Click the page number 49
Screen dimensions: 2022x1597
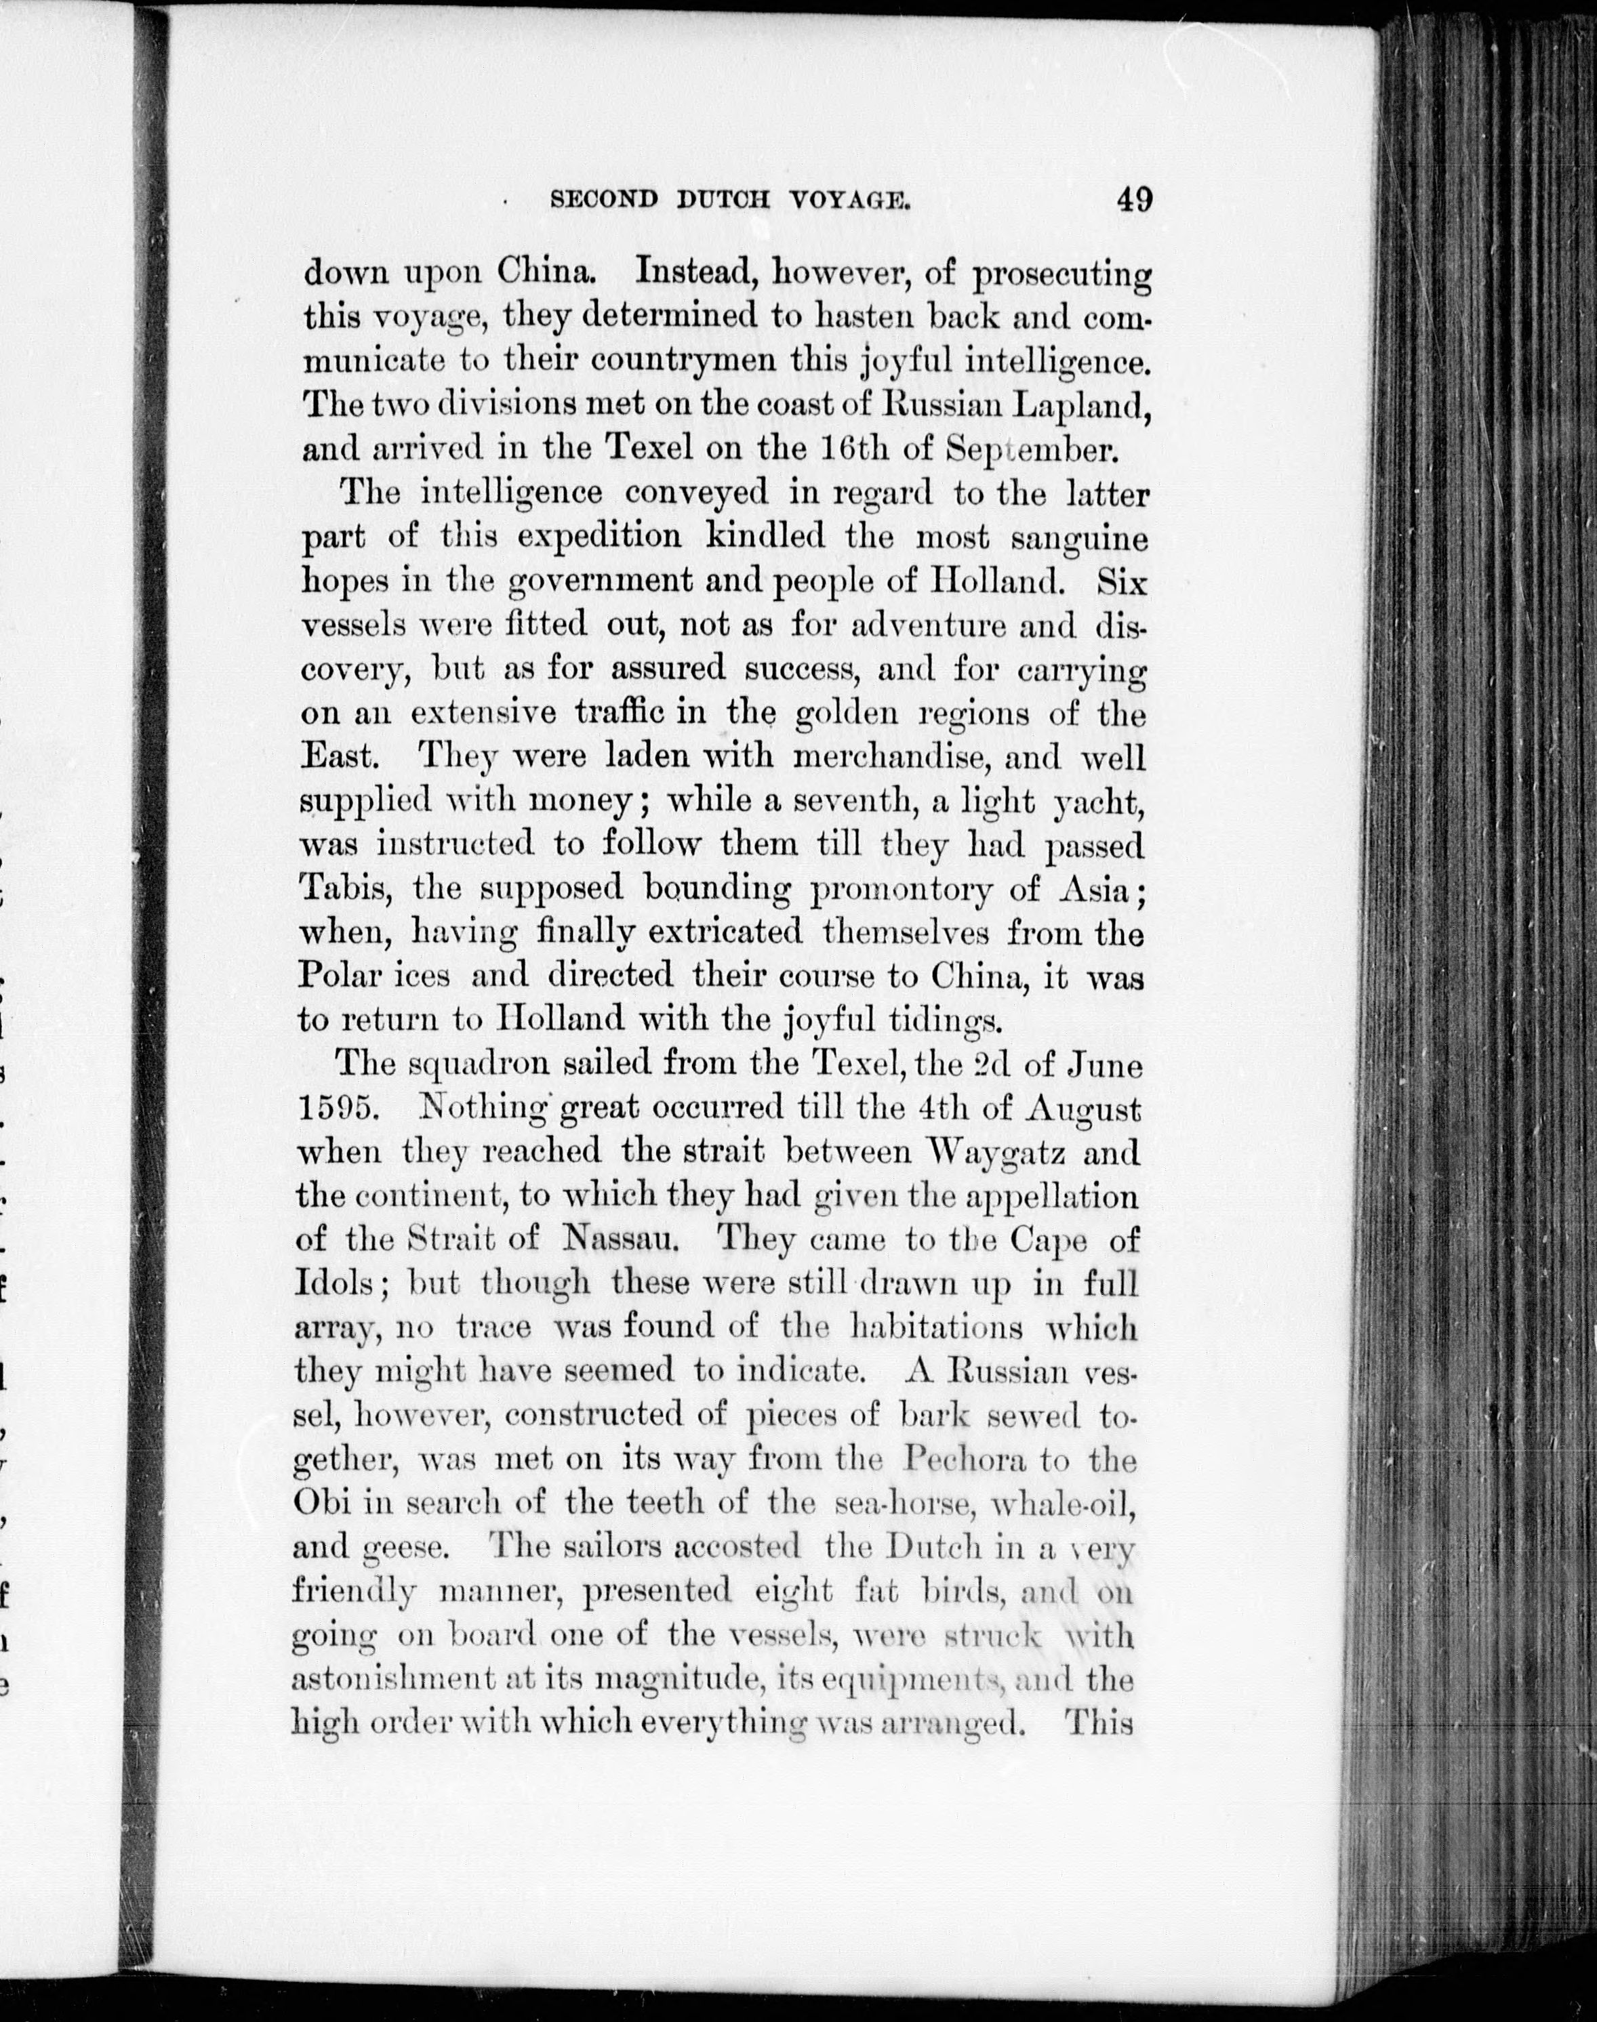(x=1132, y=200)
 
